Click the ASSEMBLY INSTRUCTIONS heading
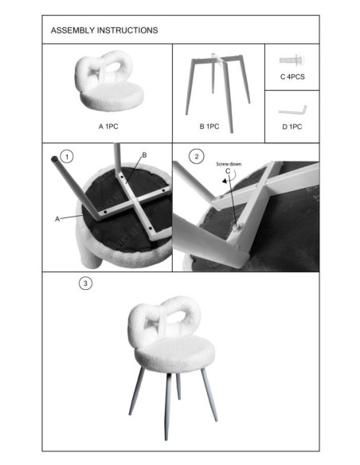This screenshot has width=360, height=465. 104,30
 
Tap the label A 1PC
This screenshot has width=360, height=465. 108,127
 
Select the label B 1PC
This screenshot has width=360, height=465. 209,127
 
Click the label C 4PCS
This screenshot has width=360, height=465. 292,76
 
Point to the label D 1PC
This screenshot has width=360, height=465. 292,127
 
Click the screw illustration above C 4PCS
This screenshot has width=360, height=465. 292,61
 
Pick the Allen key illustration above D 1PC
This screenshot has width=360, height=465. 292,111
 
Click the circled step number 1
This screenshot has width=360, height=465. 67,156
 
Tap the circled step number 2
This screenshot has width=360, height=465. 197,156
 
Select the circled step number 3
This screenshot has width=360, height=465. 85,283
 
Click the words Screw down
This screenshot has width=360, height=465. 229,164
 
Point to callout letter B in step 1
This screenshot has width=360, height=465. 144,155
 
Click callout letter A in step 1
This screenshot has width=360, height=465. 57,219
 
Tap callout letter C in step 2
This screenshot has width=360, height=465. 228,171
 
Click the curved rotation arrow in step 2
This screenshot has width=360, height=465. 229,178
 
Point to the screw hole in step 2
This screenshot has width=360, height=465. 237,228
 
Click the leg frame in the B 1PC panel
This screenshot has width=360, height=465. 218,89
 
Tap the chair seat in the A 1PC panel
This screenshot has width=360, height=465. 112,96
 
